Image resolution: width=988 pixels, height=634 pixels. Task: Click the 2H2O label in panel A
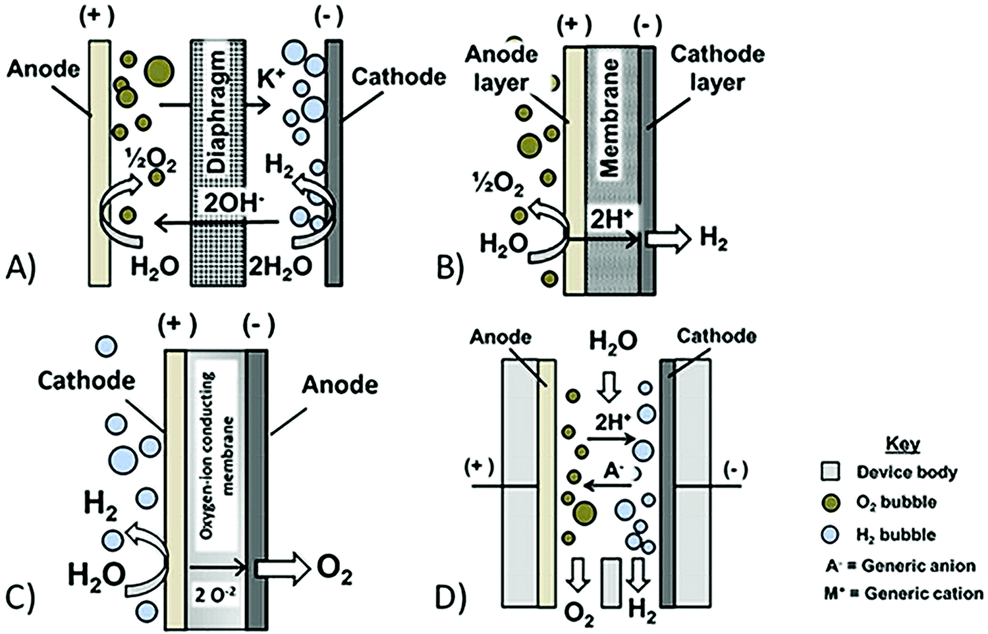point(280,267)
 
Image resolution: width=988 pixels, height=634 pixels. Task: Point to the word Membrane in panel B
point(609,119)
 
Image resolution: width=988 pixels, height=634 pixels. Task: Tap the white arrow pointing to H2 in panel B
point(667,238)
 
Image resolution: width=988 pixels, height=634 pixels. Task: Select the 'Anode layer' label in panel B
point(501,68)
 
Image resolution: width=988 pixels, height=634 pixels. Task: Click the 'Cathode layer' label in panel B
point(717,68)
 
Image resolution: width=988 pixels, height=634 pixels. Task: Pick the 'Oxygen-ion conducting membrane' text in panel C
point(217,454)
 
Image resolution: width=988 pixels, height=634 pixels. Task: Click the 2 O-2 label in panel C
point(215,595)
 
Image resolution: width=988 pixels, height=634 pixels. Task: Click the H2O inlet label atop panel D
point(613,342)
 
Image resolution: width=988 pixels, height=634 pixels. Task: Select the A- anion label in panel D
point(613,470)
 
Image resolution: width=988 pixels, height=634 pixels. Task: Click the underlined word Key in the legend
point(902,444)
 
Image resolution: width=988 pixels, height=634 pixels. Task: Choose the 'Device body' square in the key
point(831,471)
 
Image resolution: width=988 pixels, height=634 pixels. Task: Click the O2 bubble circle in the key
point(831,503)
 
